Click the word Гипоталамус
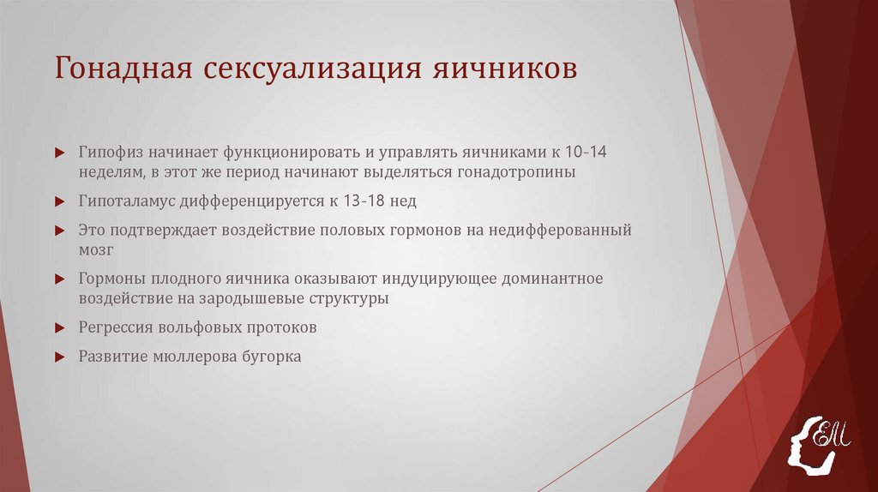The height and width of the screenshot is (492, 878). [x=126, y=201]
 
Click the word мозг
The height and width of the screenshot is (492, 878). [x=95, y=250]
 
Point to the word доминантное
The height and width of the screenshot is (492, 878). [x=554, y=279]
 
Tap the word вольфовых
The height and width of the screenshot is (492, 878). [x=198, y=328]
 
